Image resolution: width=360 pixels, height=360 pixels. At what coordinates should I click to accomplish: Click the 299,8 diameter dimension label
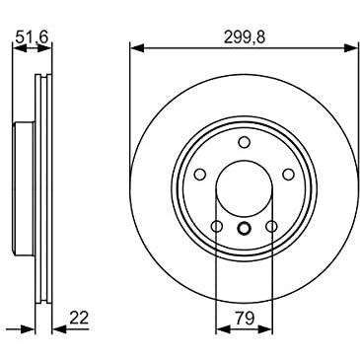pyautogui.click(x=245, y=37)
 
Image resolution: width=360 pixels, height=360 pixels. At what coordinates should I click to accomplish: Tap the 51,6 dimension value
pyautogui.click(x=32, y=36)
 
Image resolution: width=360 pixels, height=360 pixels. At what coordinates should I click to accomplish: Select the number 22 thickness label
pyautogui.click(x=79, y=318)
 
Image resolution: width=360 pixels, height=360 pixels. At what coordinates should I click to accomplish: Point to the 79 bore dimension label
pyautogui.click(x=245, y=318)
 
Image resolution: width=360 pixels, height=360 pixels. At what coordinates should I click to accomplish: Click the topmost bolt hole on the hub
pyautogui.click(x=244, y=142)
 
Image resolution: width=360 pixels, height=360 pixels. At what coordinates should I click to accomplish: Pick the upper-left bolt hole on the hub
pyautogui.click(x=200, y=175)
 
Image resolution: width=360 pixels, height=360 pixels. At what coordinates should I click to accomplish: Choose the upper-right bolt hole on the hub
pyautogui.click(x=288, y=175)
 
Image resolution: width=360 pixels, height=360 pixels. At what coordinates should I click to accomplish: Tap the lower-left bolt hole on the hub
pyautogui.click(x=217, y=226)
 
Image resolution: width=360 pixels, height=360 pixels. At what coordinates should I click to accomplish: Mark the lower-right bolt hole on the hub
pyautogui.click(x=271, y=226)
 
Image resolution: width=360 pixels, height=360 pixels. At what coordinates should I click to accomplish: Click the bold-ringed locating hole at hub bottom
pyautogui.click(x=244, y=228)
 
